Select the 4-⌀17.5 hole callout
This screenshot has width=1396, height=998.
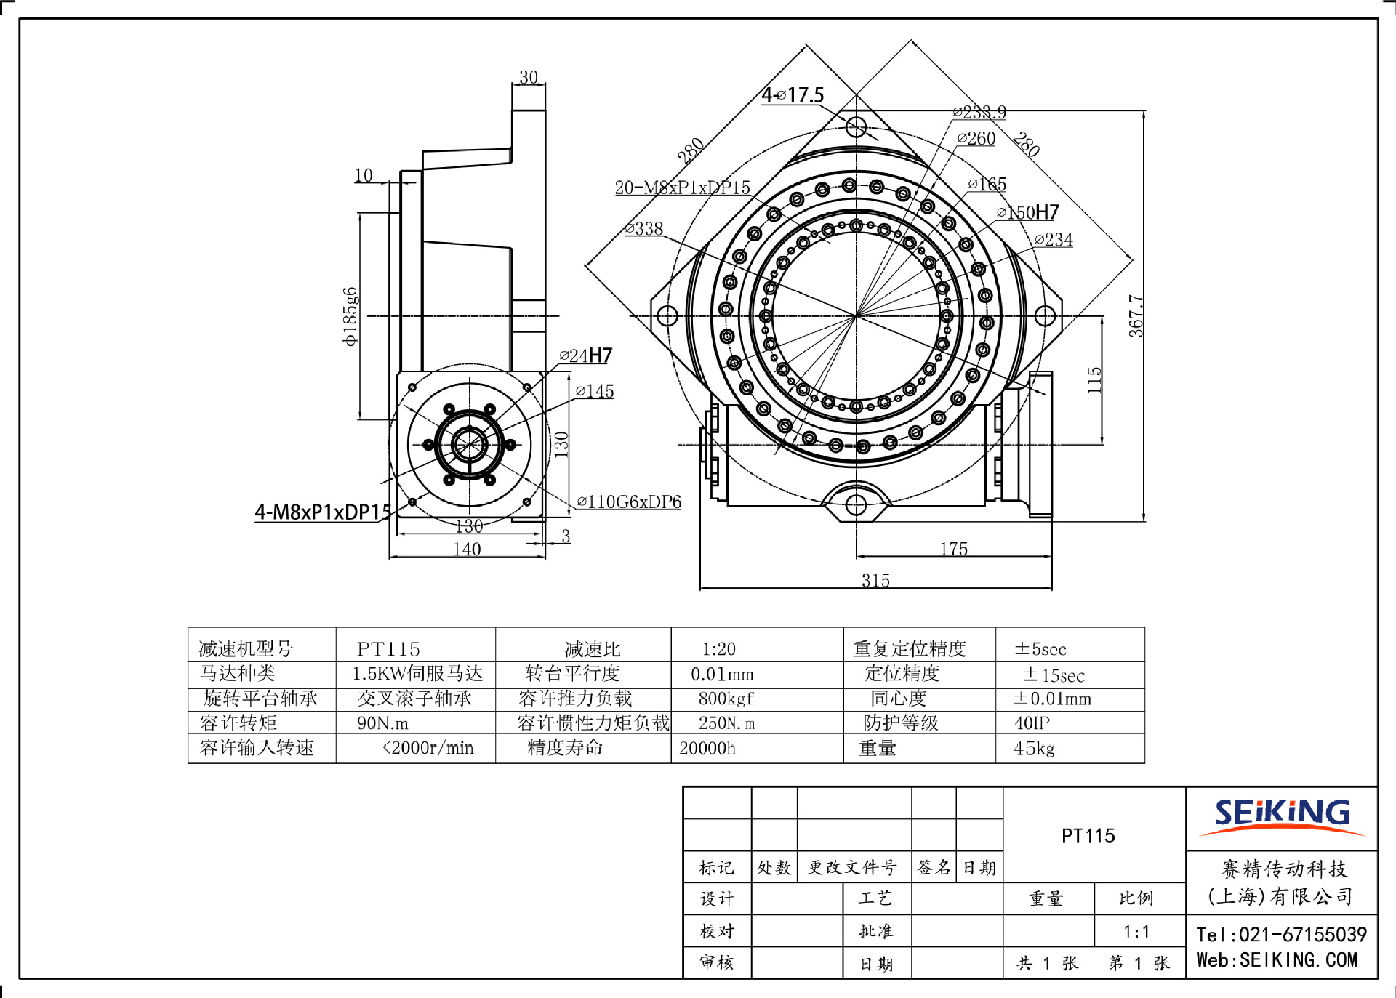coord(793,95)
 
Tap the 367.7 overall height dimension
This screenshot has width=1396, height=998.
coord(1136,316)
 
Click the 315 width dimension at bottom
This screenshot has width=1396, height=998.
coord(875,580)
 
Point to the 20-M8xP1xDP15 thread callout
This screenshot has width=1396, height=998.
coord(682,188)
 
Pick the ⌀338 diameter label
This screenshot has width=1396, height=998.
coord(644,229)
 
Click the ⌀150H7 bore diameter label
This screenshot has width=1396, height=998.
coord(1027,212)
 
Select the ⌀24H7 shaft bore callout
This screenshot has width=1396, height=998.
coord(586,355)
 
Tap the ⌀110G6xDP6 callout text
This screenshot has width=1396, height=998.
coord(629,502)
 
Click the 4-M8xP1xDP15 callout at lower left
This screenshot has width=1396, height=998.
coord(323,512)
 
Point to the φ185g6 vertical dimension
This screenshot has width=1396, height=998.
coord(350,316)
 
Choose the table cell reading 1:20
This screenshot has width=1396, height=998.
coord(718,648)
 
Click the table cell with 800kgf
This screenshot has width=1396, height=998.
coord(726,699)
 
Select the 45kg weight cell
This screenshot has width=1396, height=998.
coord(1034,748)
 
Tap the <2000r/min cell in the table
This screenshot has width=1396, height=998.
coord(428,747)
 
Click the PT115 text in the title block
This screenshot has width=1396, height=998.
coord(1088,836)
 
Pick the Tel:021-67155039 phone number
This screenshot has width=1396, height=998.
coord(1281,934)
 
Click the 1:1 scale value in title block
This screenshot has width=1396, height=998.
coord(1136,931)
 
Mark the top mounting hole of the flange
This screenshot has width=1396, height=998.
coord(856,127)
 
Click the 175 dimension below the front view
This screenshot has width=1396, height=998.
coord(953,549)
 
